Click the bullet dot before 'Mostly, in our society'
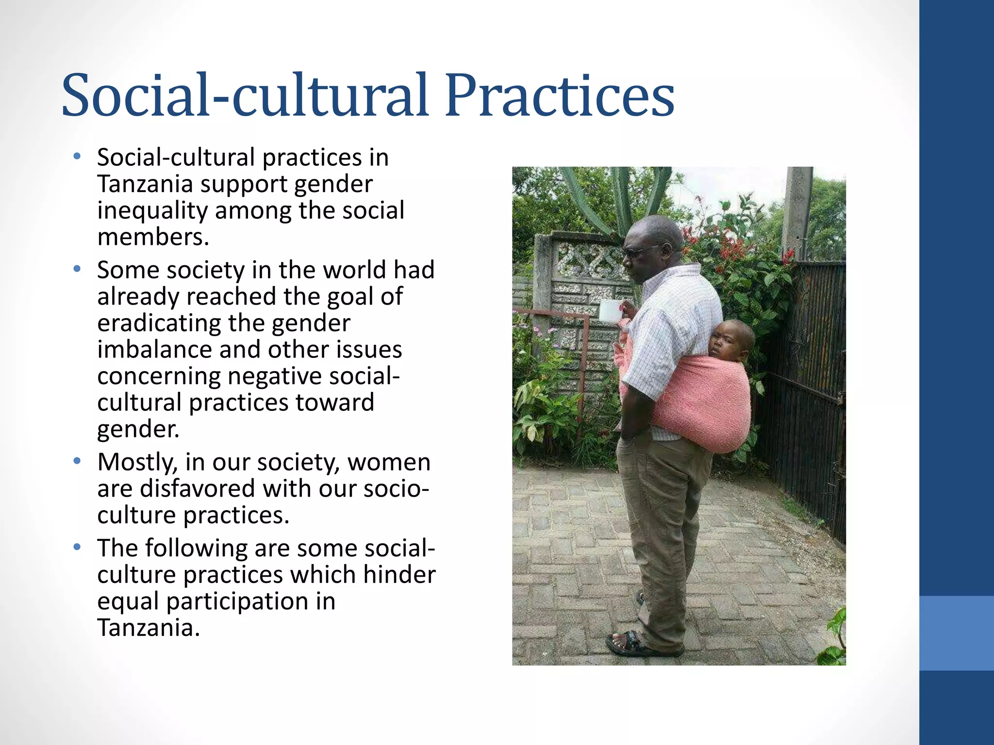coord(77,461)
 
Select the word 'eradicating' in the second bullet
coord(159,323)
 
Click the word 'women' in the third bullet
coord(389,462)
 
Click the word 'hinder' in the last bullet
coord(399,575)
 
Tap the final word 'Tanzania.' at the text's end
coord(149,628)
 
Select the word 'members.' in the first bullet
coord(153,237)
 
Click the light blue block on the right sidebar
coord(957,633)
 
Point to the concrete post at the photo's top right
coord(796,209)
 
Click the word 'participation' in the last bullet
coord(237,601)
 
